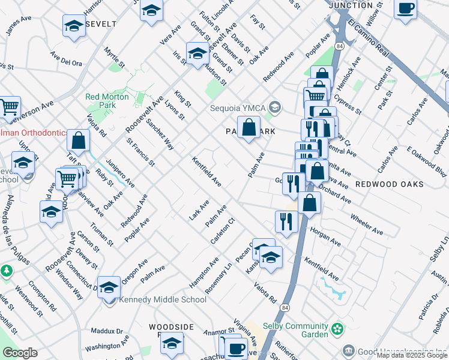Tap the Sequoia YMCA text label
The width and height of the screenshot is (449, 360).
tap(237, 108)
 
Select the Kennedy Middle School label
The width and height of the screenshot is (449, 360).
tap(163, 300)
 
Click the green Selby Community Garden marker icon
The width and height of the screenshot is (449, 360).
tap(337, 329)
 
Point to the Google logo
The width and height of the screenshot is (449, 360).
tap(20, 353)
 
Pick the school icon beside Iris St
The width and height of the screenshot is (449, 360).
tap(197, 54)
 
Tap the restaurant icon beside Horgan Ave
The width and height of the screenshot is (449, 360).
tap(286, 221)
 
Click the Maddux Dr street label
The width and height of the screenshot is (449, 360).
tap(107, 331)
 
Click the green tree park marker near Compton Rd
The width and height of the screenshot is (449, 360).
tap(7, 271)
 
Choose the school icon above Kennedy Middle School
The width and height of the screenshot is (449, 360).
tap(109, 287)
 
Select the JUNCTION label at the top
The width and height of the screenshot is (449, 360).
tap(351, 5)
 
